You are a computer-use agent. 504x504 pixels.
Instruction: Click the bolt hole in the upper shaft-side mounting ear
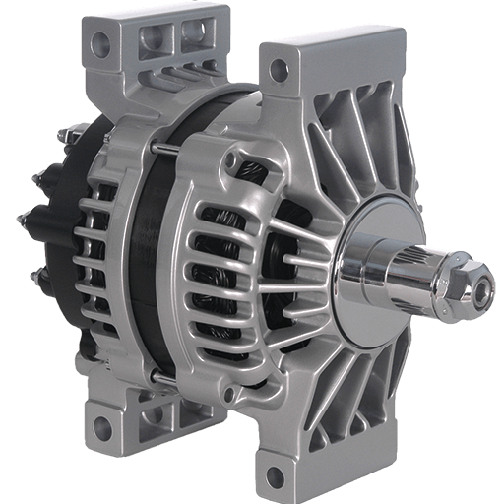280,69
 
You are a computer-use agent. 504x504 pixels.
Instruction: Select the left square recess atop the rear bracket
155,39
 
